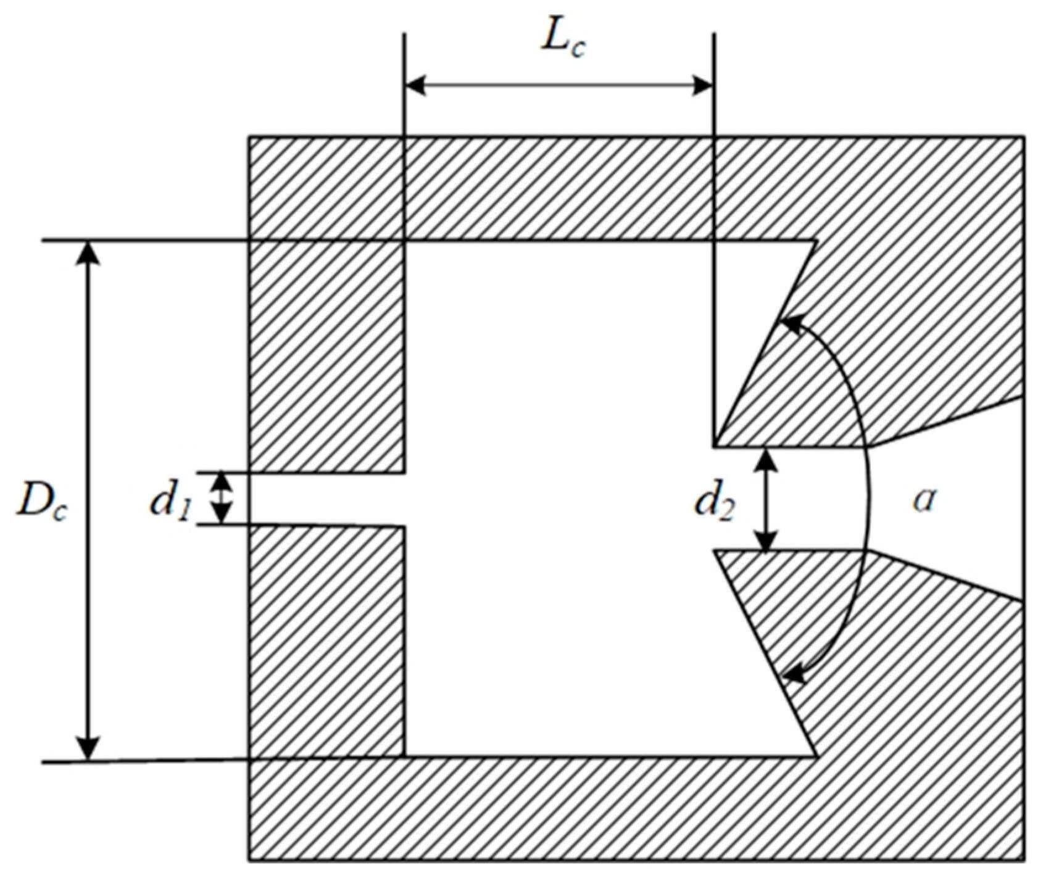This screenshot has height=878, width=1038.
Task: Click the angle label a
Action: coord(924,500)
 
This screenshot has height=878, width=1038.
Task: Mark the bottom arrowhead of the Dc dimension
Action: coord(90,748)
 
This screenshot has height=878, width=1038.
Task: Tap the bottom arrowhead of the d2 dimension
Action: coord(766,540)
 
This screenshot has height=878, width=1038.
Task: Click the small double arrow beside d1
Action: coord(223,499)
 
